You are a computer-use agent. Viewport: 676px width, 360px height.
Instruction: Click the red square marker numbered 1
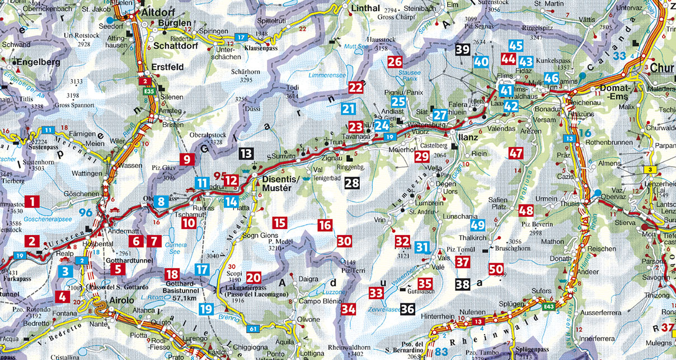(34, 202)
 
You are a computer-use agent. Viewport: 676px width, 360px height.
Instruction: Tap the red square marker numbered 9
(187, 160)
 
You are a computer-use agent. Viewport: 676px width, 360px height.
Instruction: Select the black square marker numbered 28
(352, 182)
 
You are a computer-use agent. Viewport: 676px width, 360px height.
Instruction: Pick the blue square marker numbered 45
(516, 46)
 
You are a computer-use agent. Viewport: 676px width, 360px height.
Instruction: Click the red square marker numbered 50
(496, 269)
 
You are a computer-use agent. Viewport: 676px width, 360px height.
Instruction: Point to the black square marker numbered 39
(462, 50)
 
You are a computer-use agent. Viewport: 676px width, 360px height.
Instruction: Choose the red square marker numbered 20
(253, 277)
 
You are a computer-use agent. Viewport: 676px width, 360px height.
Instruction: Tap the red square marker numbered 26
(395, 62)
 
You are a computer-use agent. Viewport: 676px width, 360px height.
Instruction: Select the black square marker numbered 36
(407, 308)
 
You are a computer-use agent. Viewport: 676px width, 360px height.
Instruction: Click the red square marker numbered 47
(515, 153)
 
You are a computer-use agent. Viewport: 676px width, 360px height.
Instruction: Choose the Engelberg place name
(38, 63)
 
